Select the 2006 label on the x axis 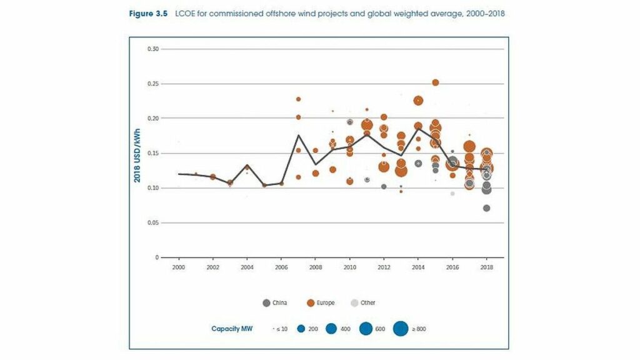(x=281, y=267)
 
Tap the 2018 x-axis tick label (x=486, y=267)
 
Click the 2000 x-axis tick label (x=179, y=267)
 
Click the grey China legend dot (x=266, y=303)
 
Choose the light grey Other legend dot (x=355, y=303)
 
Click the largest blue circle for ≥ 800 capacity (x=400, y=328)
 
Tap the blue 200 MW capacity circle (x=300, y=328)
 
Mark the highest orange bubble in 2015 (x=436, y=82)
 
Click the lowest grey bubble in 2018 (x=486, y=208)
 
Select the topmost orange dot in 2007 (x=298, y=99)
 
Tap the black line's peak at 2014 (x=418, y=127)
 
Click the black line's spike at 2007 (x=298, y=135)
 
